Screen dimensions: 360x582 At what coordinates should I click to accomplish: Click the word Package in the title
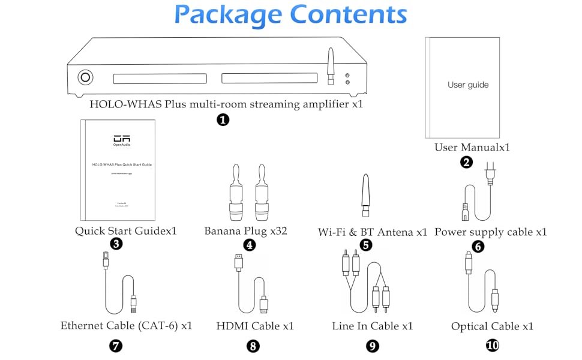[229, 14]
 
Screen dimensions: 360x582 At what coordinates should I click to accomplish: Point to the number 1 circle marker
[223, 119]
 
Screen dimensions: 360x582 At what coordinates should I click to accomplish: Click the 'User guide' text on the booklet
[468, 85]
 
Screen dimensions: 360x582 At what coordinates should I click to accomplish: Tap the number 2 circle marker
[466, 162]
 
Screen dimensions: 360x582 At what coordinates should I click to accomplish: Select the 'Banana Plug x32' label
[246, 231]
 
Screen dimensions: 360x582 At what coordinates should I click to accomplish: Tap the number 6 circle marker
[478, 246]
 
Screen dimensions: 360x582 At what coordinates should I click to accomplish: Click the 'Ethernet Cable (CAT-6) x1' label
[126, 326]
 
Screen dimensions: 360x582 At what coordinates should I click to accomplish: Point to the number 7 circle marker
[116, 346]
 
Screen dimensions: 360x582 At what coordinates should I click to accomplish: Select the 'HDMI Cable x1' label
[255, 326]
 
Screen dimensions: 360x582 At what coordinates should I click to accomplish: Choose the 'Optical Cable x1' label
[492, 326]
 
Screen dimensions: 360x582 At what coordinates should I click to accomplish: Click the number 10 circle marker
[493, 345]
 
